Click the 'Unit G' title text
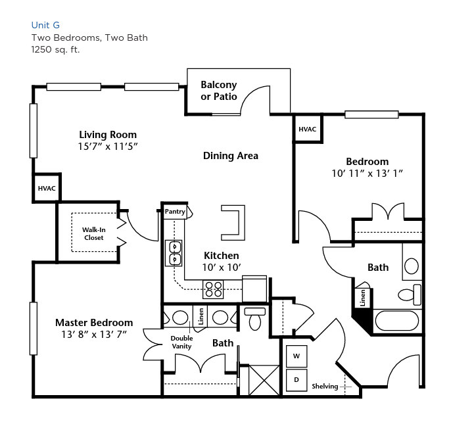tap(45, 26)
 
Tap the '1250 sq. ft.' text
tap(55, 49)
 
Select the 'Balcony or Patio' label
tap(218, 90)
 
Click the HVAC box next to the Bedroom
tap(307, 129)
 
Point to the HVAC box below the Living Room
tap(47, 188)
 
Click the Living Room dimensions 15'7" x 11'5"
tap(108, 147)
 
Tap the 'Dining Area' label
tap(230, 156)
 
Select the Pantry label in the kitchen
tap(175, 212)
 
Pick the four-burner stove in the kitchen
tap(213, 289)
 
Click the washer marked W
tap(297, 356)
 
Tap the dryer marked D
tap(297, 380)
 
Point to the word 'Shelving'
tap(325, 386)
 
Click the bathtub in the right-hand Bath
tap(397, 321)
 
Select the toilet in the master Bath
tap(255, 319)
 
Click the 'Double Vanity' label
tap(181, 342)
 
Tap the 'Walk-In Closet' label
tap(94, 233)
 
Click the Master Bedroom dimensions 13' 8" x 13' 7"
tap(94, 335)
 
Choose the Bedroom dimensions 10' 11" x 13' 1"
tap(368, 174)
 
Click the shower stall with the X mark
tap(264, 380)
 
